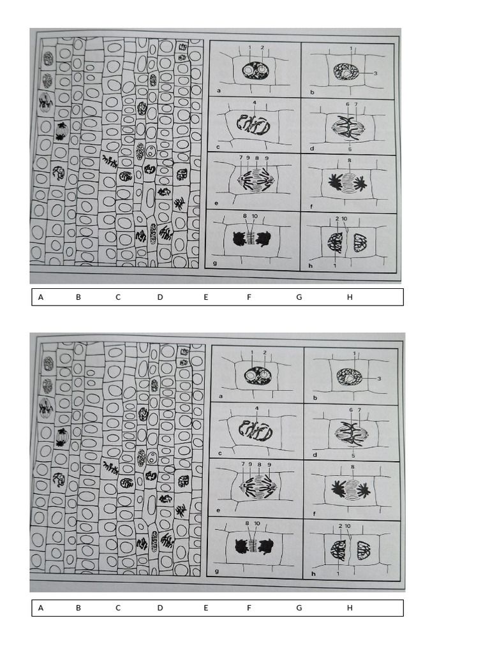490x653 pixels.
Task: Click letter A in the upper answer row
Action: pyautogui.click(x=41, y=297)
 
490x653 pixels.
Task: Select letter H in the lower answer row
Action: pyautogui.click(x=350, y=608)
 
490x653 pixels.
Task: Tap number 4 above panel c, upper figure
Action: pyautogui.click(x=255, y=103)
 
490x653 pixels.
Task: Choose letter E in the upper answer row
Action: pyautogui.click(x=205, y=297)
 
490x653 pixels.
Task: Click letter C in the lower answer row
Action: pyautogui.click(x=118, y=608)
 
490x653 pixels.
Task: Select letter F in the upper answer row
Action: pyautogui.click(x=249, y=297)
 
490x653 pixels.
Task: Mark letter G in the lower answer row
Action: pyautogui.click(x=299, y=608)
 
